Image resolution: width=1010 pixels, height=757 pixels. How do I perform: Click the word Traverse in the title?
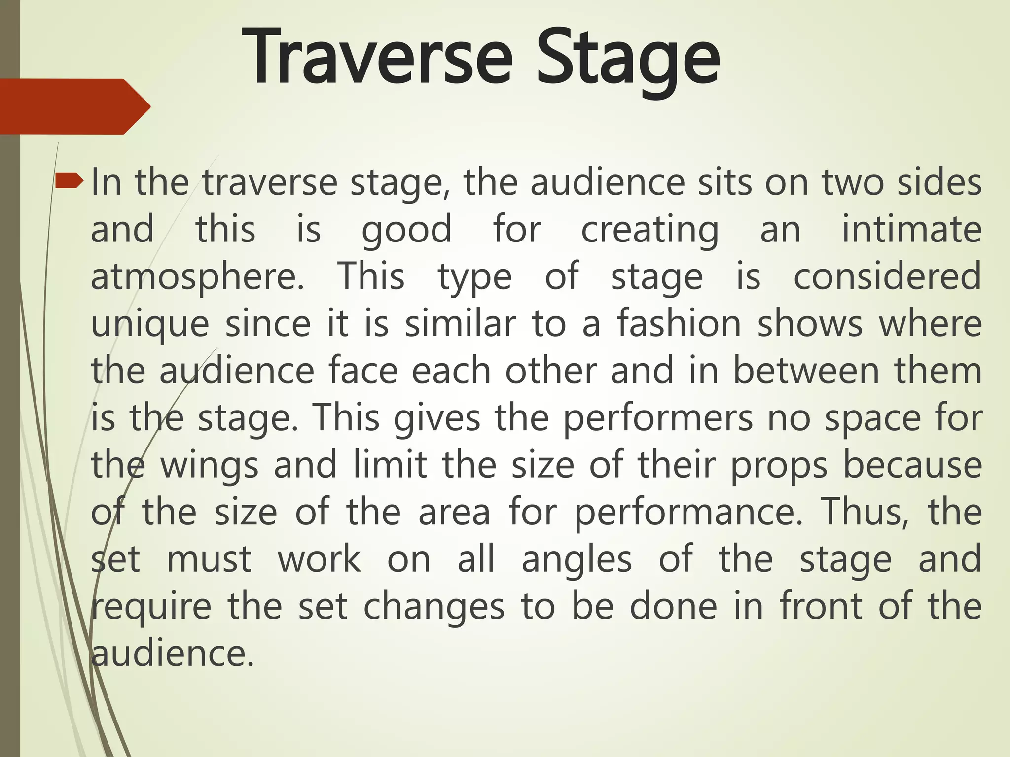click(x=377, y=58)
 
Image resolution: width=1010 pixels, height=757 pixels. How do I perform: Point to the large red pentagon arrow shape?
click(x=74, y=106)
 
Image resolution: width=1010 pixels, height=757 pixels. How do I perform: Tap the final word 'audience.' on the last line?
click(x=173, y=654)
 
